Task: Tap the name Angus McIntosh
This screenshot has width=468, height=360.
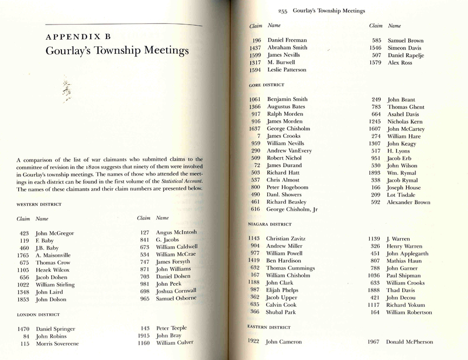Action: coord(177,233)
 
